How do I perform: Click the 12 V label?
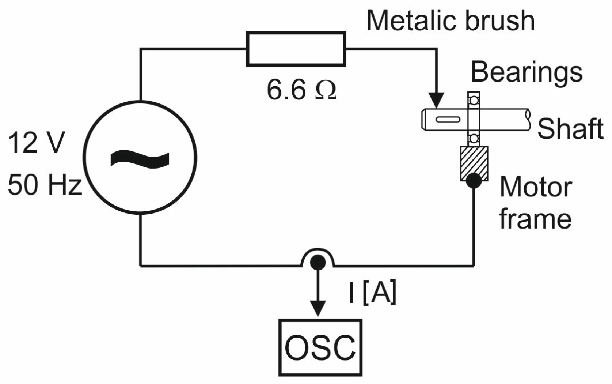(37, 142)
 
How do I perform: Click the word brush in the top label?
(500, 20)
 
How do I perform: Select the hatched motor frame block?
(474, 163)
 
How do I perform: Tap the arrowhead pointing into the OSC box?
(318, 309)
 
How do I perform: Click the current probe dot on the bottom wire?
(318, 263)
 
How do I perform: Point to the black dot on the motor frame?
(474, 181)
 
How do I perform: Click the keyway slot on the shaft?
(448, 119)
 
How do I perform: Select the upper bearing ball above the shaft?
(474, 100)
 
